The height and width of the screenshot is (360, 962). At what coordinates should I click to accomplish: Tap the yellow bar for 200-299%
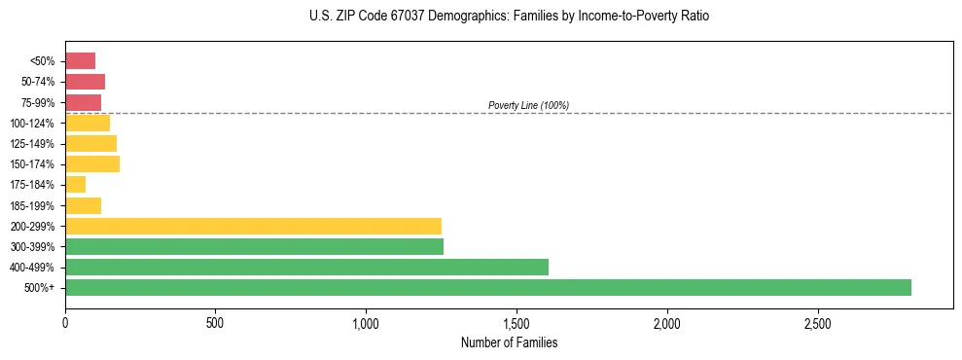(x=253, y=226)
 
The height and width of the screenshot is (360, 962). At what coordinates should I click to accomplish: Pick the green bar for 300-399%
(x=254, y=246)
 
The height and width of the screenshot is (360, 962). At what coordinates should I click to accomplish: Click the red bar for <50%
(x=80, y=61)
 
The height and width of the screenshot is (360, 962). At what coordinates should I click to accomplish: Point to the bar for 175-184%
(x=75, y=185)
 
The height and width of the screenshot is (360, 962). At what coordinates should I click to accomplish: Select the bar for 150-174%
(x=92, y=163)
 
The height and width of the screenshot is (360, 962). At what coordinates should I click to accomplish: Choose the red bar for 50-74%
(x=85, y=82)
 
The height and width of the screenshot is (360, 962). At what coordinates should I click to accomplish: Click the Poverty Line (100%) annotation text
(x=528, y=105)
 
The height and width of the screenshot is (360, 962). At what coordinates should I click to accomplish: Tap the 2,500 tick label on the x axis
(x=818, y=322)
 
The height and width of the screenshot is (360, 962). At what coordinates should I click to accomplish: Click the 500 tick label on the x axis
(x=215, y=322)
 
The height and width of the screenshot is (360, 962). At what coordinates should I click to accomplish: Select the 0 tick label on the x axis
(x=65, y=322)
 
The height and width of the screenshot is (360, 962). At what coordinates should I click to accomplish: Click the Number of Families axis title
(x=509, y=342)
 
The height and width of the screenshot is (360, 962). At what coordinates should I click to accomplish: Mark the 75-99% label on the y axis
(x=37, y=103)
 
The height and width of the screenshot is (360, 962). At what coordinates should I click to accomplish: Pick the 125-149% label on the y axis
(x=32, y=144)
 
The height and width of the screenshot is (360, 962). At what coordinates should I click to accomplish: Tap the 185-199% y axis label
(x=32, y=205)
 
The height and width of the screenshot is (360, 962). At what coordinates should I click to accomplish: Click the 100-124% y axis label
(x=32, y=124)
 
